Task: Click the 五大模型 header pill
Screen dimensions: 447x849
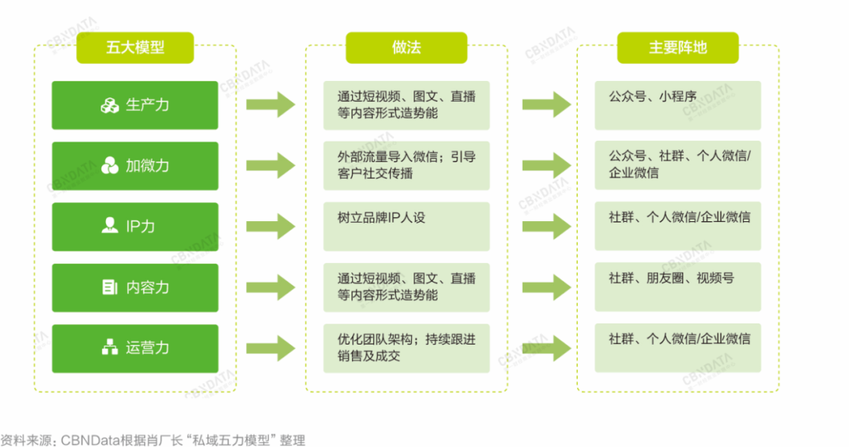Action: (135, 47)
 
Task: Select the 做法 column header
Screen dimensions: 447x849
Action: (406, 47)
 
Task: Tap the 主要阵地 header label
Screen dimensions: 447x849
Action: (678, 47)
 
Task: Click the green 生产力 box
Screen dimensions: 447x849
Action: (135, 105)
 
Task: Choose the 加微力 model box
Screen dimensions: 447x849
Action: (135, 165)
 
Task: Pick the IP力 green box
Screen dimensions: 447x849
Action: (135, 227)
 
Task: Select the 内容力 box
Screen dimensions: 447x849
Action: (135, 287)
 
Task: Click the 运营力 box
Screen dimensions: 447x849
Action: (135, 348)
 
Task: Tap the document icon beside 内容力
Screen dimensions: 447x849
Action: (110, 287)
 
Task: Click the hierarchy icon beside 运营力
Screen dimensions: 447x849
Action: (110, 348)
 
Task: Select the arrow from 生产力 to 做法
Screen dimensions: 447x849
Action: (270, 105)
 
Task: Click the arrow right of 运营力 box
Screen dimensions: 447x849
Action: (270, 348)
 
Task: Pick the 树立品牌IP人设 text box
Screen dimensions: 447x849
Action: (406, 227)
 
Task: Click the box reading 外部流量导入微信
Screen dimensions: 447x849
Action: (406, 165)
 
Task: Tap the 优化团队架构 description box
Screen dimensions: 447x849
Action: (406, 348)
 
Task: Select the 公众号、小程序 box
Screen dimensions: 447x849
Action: (678, 105)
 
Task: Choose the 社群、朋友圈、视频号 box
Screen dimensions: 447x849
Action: (678, 287)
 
